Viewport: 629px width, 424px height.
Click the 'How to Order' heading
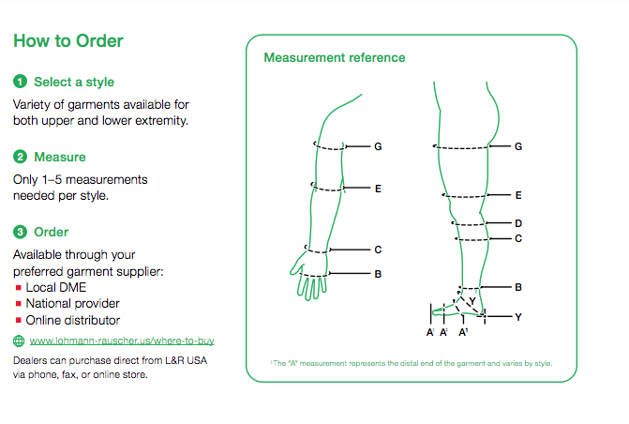68,41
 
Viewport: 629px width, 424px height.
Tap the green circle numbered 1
20,82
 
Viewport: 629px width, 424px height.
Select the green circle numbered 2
20,157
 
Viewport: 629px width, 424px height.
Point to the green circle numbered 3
20,232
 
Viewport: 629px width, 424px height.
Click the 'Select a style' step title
74,82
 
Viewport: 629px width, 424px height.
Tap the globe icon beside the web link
20,341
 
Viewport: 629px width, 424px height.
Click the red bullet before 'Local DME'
19,288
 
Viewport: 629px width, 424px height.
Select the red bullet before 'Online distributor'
19,319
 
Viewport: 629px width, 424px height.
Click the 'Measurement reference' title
335,58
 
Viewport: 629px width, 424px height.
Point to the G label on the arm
378,147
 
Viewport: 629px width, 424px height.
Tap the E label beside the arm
378,189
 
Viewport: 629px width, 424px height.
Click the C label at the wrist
378,250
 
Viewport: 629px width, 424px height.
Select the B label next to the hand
378,274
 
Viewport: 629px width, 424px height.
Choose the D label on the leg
518,223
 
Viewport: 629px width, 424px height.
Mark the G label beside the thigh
518,147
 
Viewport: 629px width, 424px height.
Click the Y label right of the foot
518,317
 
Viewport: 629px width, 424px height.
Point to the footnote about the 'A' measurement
412,363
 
